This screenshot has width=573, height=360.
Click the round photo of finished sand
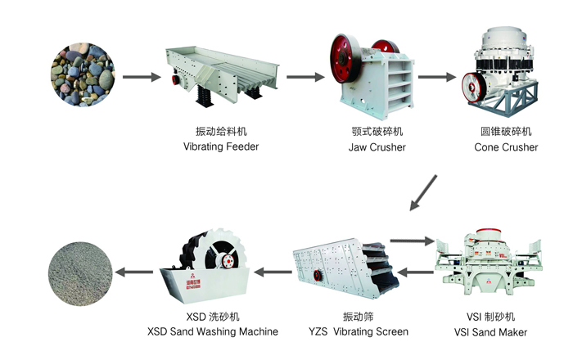pos(79,272)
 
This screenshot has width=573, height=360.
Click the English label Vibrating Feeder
pos(221,147)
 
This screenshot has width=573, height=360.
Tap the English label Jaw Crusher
pos(376,147)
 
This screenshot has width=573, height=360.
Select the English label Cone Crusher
pos(506,147)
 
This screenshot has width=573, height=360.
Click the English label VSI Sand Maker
pos(490,332)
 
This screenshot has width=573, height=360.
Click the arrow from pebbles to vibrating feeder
pos(142,79)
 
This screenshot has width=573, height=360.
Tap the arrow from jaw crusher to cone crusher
pos(435,79)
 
